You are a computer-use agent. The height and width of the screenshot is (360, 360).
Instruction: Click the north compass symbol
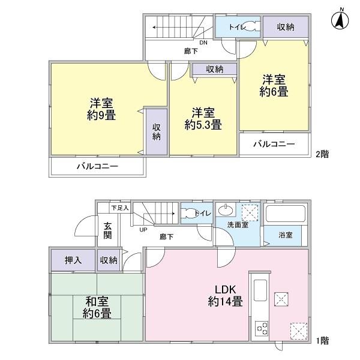pos(340,19)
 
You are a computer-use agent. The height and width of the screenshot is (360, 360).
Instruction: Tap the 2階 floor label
pos(322,154)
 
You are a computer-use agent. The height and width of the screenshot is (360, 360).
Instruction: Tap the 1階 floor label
pos(322,340)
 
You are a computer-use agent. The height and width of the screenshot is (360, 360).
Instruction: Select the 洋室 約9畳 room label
pos(99,109)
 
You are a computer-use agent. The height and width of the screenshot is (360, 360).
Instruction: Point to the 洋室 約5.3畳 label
pos(203,119)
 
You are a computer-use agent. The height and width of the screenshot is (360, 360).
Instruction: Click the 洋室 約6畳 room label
pos(274,86)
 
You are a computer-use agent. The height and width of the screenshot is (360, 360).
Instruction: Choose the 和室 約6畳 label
pos(97,308)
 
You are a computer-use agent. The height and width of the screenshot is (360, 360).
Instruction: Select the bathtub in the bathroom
pos(286,214)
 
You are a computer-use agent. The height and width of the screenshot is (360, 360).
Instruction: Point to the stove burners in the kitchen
pos(262,328)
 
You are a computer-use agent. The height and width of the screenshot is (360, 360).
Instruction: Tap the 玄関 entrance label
pos(108,230)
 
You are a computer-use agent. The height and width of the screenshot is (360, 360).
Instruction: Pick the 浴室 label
pos(285,235)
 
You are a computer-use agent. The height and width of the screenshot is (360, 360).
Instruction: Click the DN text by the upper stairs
pos(203,43)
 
